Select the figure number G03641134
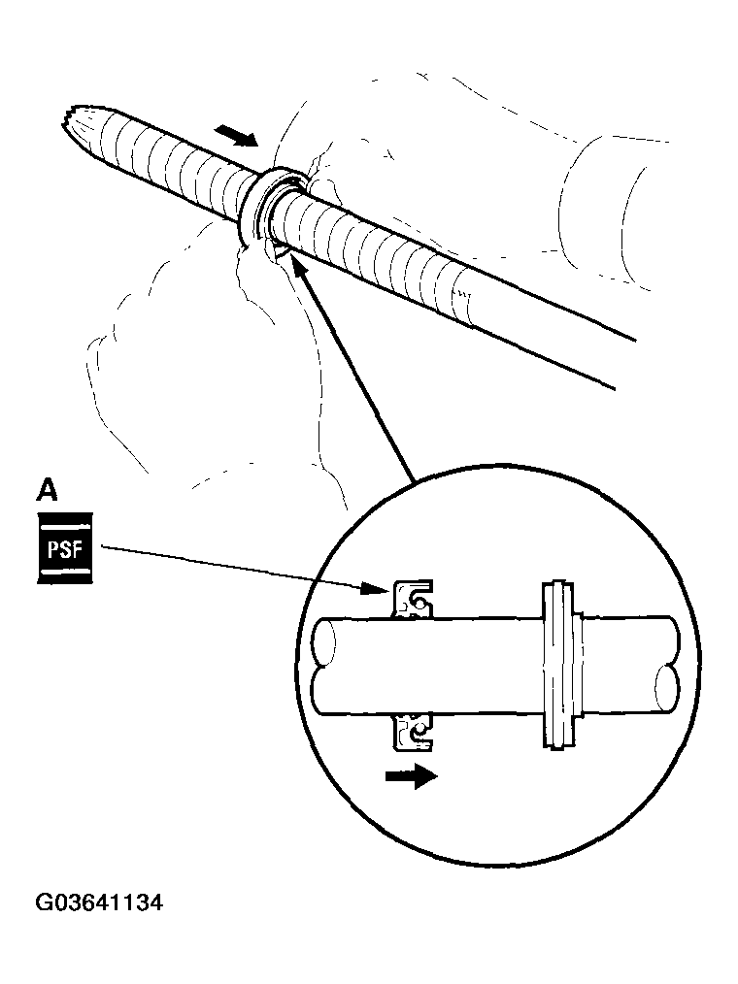[99, 903]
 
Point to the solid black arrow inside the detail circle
[411, 776]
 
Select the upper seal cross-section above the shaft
[412, 599]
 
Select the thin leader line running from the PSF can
[233, 567]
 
